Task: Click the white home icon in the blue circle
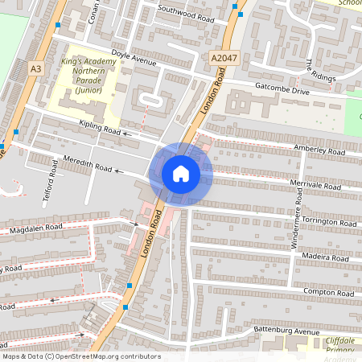pos(180,174)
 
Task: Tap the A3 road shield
pos(35,69)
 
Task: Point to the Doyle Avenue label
pos(134,59)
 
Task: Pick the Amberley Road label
pos(319,150)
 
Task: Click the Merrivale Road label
pos(317,186)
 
